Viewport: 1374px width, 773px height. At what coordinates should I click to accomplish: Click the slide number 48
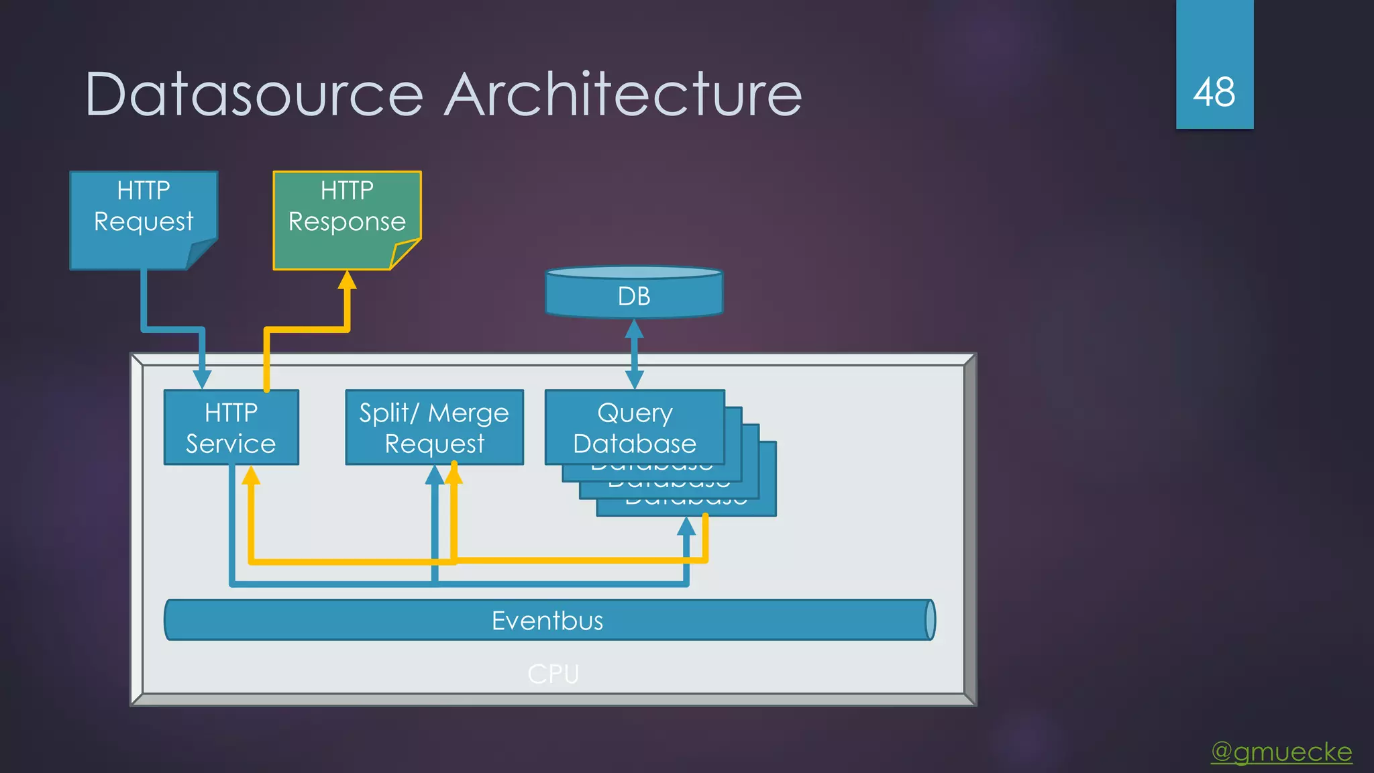(1214, 92)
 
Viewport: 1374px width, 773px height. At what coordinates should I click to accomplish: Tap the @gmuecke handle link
(1281, 752)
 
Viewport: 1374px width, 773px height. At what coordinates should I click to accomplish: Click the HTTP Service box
(231, 427)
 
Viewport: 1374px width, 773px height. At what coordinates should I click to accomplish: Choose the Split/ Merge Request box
(434, 427)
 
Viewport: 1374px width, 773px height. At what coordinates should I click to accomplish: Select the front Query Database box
(635, 427)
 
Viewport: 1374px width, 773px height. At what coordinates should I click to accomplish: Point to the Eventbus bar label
(547, 621)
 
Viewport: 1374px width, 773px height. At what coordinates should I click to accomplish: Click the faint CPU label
(553, 674)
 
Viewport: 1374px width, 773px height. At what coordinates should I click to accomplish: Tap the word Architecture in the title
(623, 95)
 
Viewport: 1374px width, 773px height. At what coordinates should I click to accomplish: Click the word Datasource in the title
(254, 95)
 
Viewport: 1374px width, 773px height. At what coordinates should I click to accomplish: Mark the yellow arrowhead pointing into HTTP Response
(347, 280)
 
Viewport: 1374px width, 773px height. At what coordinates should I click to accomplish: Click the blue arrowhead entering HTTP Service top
(202, 380)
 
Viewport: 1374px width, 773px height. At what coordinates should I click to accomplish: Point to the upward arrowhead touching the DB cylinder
(634, 328)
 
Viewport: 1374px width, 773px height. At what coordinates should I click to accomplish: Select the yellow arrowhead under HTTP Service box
(251, 476)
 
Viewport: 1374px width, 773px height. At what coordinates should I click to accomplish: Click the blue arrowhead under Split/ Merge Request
(435, 476)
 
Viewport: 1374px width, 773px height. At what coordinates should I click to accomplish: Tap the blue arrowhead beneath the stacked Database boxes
(686, 527)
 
